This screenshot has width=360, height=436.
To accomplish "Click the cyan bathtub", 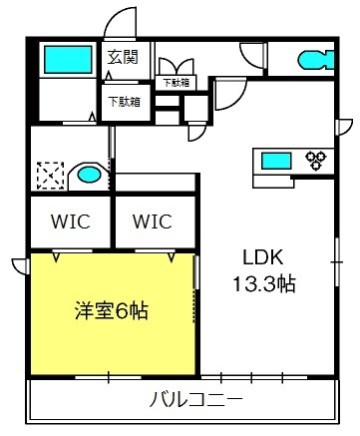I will tap(67, 59).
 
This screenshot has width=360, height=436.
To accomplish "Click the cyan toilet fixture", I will tap(314, 59).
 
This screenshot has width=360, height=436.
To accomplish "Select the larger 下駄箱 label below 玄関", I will tap(123, 100).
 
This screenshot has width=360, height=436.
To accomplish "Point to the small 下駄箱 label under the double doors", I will tap(177, 83).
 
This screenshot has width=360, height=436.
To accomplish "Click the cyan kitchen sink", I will tap(276, 158).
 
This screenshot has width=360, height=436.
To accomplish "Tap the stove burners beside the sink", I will tap(316, 158).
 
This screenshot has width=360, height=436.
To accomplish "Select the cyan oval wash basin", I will tap(90, 177).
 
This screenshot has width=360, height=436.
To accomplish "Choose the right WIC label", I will tap(153, 219).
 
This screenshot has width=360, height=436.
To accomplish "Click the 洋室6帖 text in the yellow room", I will tap(111, 310).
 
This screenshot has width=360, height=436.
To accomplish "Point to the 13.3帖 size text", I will tap(261, 282).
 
